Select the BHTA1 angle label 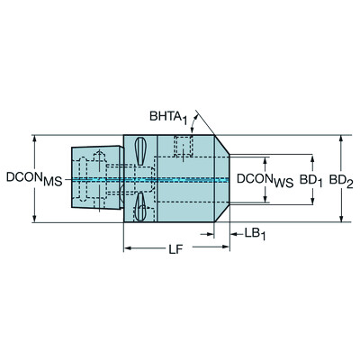168,116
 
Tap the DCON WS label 264,180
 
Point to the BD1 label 311,180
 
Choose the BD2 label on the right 340,180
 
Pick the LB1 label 257,233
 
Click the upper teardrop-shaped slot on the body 140,149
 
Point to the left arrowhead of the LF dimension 127,247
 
